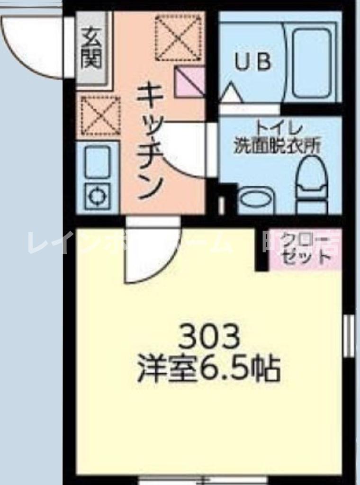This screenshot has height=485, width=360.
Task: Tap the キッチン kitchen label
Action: [x=151, y=141]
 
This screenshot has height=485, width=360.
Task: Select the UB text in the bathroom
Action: [x=253, y=62]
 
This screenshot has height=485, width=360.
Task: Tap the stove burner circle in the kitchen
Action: [x=97, y=196]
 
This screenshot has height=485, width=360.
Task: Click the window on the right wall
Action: [x=349, y=336]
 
